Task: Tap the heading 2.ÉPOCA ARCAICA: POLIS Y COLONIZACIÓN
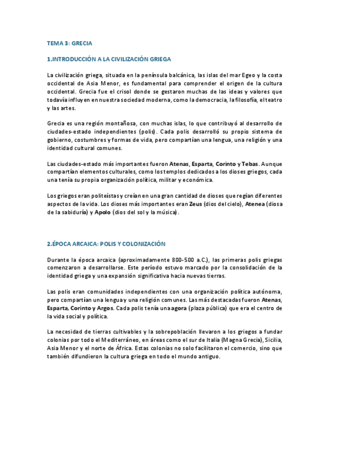point(106,243)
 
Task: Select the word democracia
point(206,100)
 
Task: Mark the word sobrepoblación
point(190,332)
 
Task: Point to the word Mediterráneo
point(117,340)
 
